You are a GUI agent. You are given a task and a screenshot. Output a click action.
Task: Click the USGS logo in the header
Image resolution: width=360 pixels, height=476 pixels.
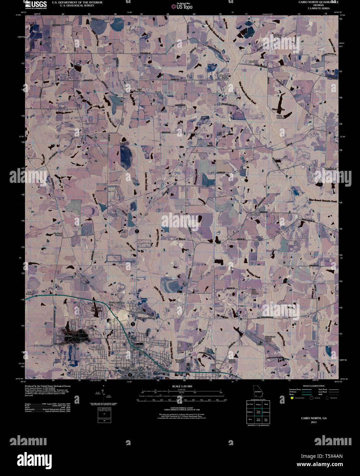tap(36, 4)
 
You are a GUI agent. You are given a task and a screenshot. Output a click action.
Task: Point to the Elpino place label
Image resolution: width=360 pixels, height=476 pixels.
tap(69, 22)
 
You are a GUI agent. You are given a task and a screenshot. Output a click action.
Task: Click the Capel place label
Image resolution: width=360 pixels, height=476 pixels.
tap(157, 92)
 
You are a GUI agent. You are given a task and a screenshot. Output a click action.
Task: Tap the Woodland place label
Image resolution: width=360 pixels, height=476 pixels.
tap(255, 215)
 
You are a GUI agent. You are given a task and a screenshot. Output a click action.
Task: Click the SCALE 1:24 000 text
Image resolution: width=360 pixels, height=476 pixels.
tap(182, 386)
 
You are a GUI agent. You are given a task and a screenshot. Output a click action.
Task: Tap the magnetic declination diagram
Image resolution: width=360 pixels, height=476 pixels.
tap(103, 394)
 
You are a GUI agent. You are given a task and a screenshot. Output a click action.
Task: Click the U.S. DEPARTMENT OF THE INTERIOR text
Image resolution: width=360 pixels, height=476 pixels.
tap(72, 2)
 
